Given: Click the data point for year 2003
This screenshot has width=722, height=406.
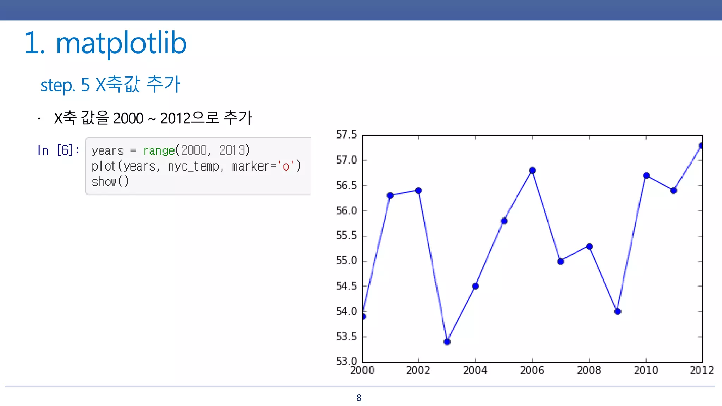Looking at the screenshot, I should point(447,342).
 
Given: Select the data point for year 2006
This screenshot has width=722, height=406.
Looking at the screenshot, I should point(532,170).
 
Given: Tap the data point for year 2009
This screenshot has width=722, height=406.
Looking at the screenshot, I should point(618,311).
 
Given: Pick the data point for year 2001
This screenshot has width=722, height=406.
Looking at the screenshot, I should point(390,196).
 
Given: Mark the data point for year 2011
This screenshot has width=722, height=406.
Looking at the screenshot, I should point(674,191).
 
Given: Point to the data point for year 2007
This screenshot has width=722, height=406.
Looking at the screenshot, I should point(561,262).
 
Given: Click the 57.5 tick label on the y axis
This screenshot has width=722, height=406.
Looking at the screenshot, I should point(346,135).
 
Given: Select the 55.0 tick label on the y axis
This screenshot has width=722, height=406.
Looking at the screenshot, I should point(346,261).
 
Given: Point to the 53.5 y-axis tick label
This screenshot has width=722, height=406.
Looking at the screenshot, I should point(346,337).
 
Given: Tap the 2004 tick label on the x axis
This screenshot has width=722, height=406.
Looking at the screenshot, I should point(475,370).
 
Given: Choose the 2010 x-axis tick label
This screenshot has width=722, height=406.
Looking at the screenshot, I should point(646,370).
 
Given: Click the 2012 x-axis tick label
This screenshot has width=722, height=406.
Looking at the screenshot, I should point(701,370).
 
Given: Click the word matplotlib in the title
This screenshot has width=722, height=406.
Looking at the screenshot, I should point(121,43).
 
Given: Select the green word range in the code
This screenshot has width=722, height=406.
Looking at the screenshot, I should point(159,151).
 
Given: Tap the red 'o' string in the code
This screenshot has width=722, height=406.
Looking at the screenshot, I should point(286,166).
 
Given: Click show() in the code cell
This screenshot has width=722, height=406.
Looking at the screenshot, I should point(110,182).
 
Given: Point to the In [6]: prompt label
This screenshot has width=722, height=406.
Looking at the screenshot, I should point(58,150).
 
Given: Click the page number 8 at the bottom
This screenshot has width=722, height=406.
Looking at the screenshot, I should point(359,398).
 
